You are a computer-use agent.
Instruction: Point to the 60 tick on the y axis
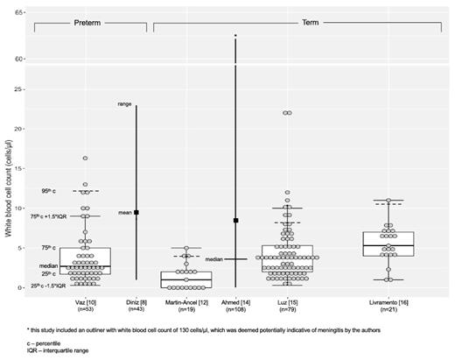pyautogui.click(x=19, y=59)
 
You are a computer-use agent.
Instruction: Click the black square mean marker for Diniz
pyautogui.click(x=136, y=212)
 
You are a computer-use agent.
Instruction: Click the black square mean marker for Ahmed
pyautogui.click(x=235, y=221)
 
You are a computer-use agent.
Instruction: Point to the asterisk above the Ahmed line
pyautogui.click(x=235, y=36)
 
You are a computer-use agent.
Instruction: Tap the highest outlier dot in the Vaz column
pyautogui.click(x=85, y=159)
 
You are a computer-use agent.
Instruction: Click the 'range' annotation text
pyautogui.click(x=124, y=104)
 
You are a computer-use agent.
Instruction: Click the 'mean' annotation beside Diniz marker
pyautogui.click(x=122, y=212)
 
